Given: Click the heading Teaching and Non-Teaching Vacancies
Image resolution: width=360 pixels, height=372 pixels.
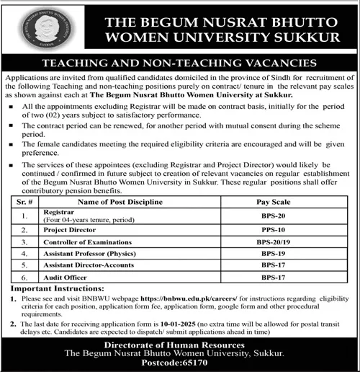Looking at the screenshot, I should tap(179, 63).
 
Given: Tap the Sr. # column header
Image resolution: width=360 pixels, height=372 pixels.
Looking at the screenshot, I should tap(26, 203).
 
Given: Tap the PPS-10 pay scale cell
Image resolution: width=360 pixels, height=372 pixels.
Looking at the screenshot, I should tap(272, 231).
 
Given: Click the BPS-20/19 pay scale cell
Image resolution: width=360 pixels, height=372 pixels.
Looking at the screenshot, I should tap(272, 243).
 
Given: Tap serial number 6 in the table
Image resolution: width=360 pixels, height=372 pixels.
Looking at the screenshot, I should tap(26, 278).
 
